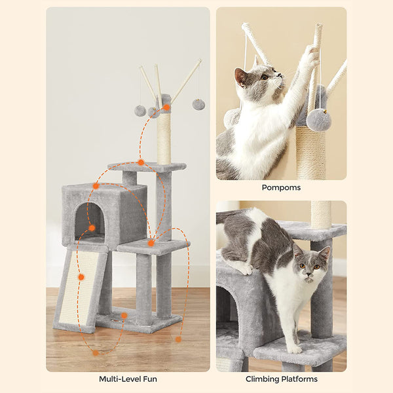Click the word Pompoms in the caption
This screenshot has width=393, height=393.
coord(281,188)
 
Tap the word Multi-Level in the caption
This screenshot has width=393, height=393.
coord(118,379)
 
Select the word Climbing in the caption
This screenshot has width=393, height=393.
coord(262,379)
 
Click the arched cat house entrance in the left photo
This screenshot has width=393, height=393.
coord(90,221)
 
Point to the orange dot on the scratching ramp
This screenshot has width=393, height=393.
coord(81,277)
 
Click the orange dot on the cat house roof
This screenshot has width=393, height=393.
coord(96,186)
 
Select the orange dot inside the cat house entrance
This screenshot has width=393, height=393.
coord(92,228)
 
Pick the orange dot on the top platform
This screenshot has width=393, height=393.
coord(141,162)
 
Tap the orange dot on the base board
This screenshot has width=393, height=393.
coord(124,315)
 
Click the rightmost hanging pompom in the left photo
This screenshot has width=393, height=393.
coord(198,104)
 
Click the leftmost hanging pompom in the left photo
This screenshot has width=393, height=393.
coord(140,111)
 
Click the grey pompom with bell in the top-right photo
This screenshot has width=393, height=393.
coord(319,120)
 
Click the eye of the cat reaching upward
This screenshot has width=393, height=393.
coord(265,77)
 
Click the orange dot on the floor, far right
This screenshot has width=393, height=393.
coord(178,339)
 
